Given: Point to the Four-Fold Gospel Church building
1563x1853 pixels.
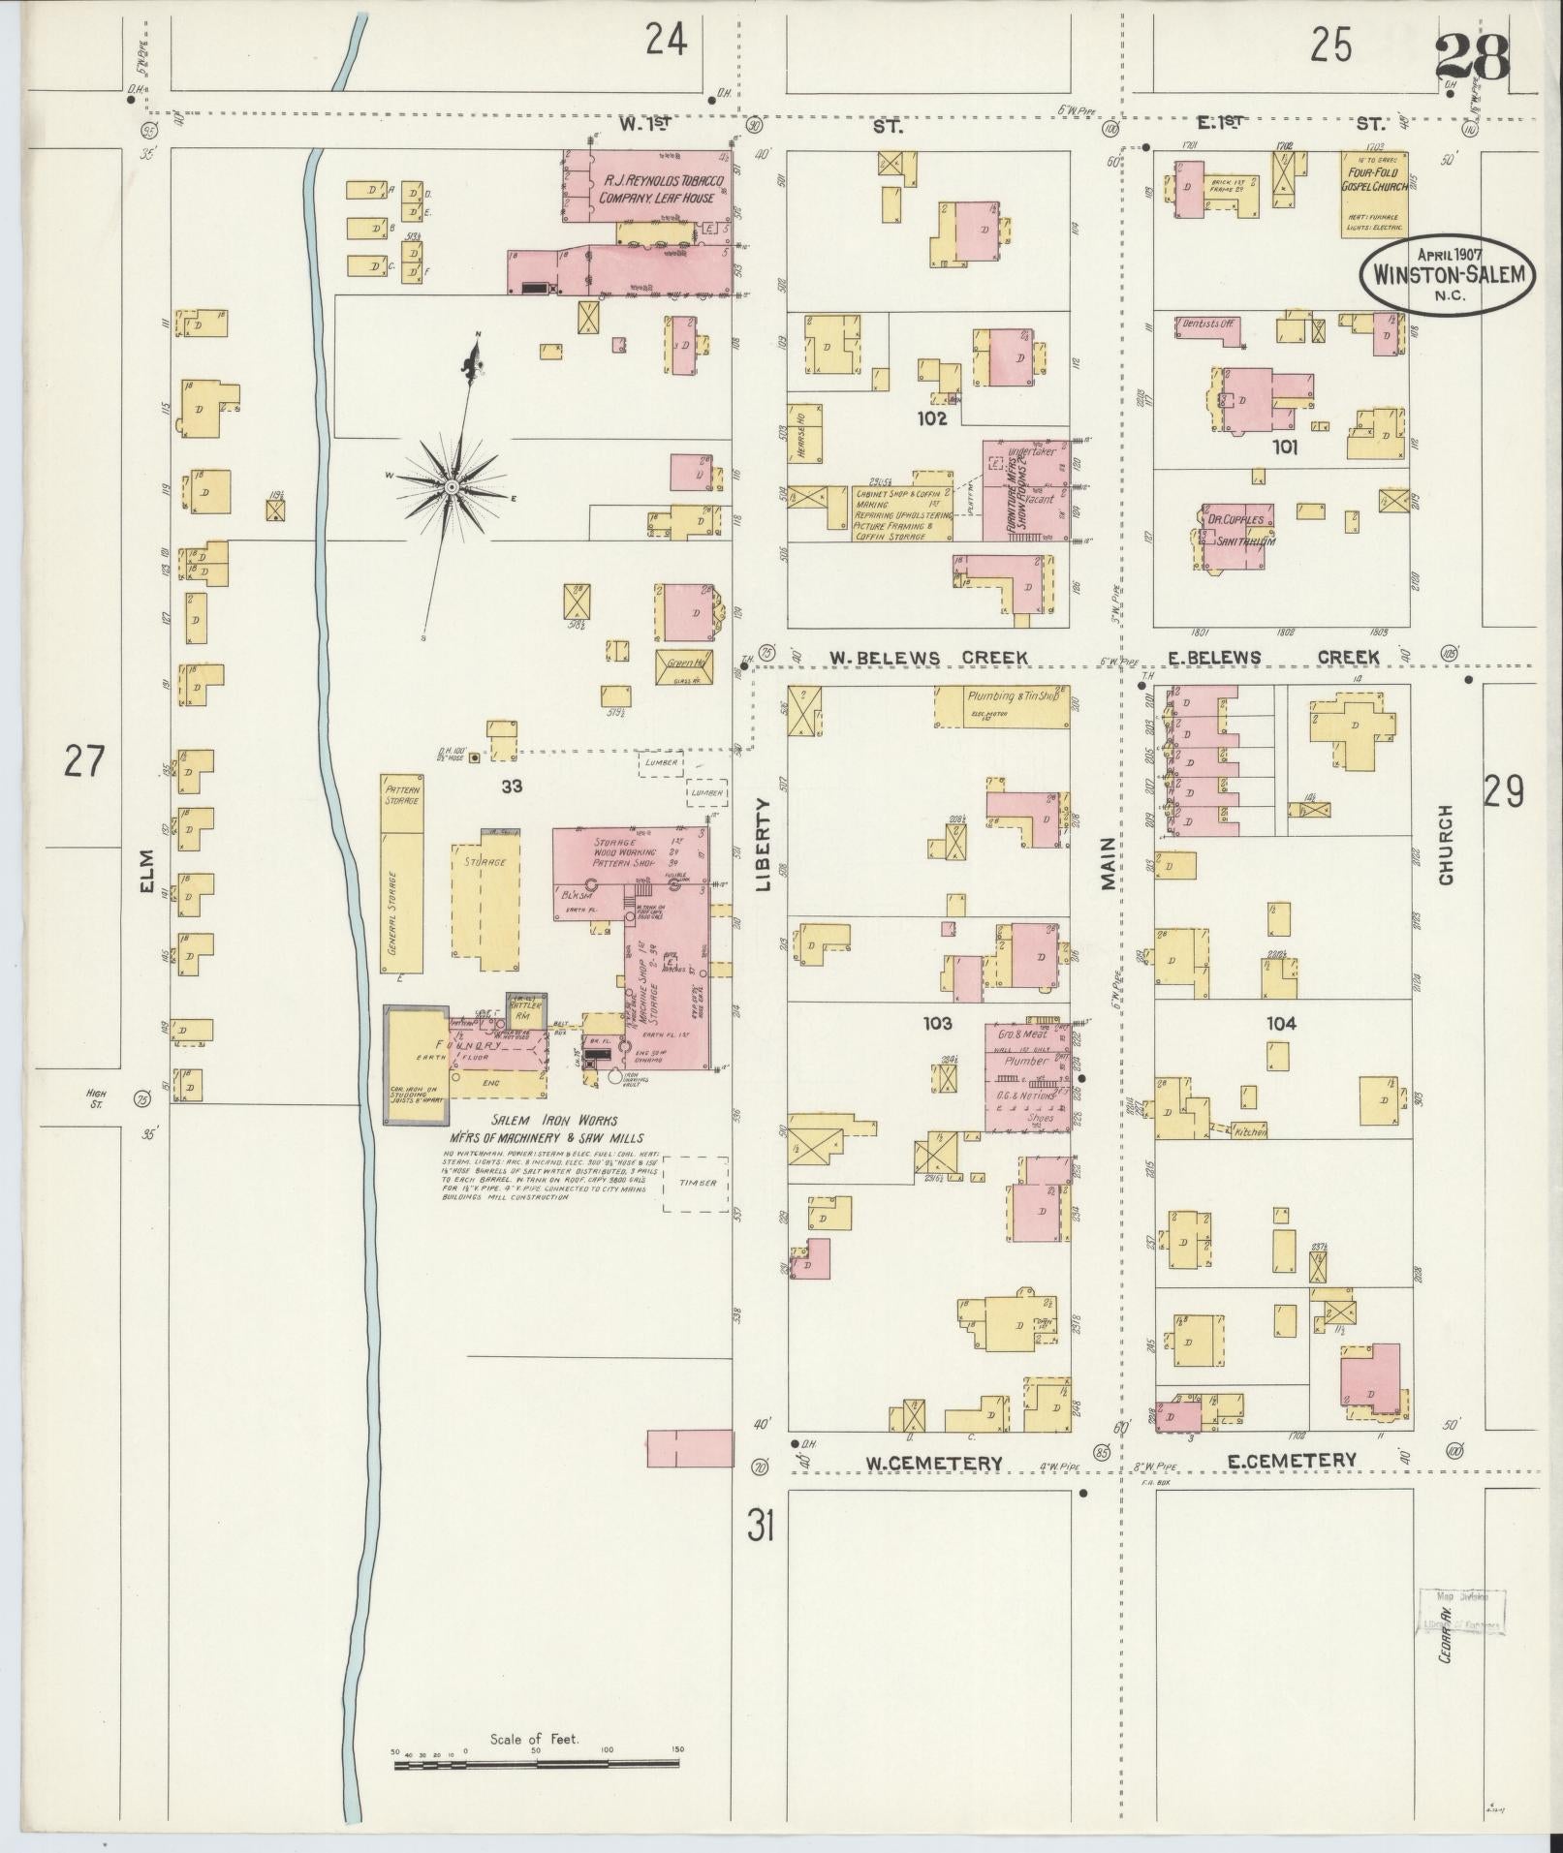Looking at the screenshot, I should (x=1374, y=194).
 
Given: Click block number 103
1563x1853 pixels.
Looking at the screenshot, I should (x=937, y=1022).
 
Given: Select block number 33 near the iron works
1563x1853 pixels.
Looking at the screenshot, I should (x=512, y=787).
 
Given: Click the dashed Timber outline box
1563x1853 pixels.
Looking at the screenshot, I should (x=697, y=1183).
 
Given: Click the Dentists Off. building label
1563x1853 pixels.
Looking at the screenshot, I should (x=1208, y=326).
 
